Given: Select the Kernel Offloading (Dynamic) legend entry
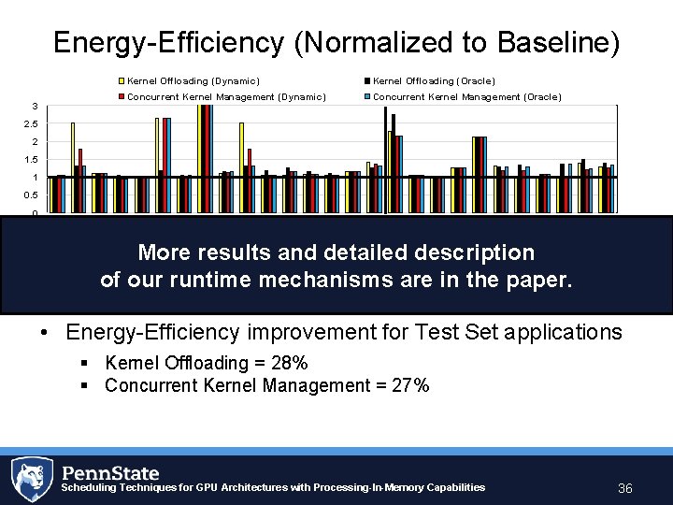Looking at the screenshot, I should tap(193, 81).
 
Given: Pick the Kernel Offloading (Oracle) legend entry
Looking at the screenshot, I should tap(434, 81).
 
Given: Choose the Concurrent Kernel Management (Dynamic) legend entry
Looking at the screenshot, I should tap(225, 97).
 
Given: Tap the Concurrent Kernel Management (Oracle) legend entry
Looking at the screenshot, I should tap(466, 97).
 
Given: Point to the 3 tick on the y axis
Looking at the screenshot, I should tap(35, 106).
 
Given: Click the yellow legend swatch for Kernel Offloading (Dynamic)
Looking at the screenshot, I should tap(122, 81).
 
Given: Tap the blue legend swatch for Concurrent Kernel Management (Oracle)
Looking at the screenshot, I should tap(368, 97).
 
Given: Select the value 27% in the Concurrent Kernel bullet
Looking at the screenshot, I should tap(409, 385).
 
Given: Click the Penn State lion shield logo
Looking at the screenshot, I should tap(32, 480).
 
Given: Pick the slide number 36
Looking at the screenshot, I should tap(625, 489).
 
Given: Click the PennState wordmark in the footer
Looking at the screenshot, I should tap(110, 472).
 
